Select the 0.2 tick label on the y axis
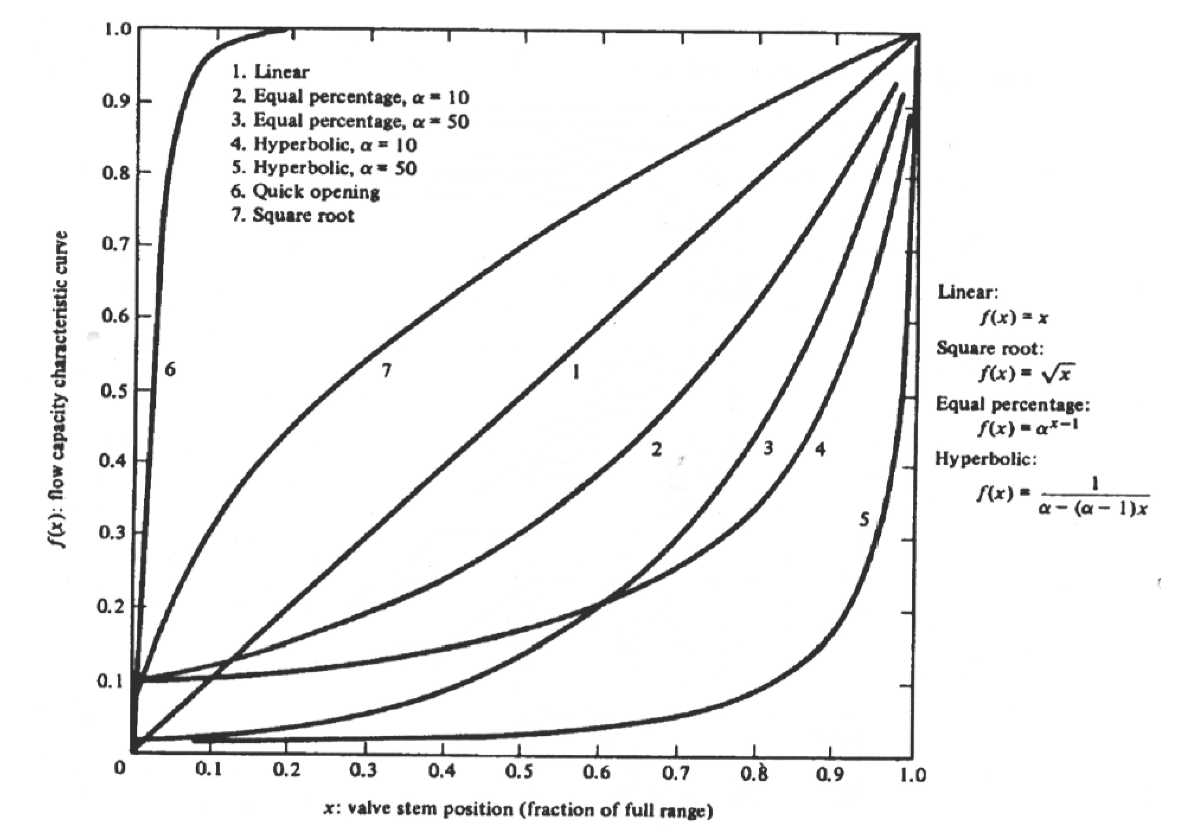pos(112,606)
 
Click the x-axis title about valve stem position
pos(518,809)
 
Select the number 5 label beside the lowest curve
pos(864,519)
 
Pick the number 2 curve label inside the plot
pos(656,450)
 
